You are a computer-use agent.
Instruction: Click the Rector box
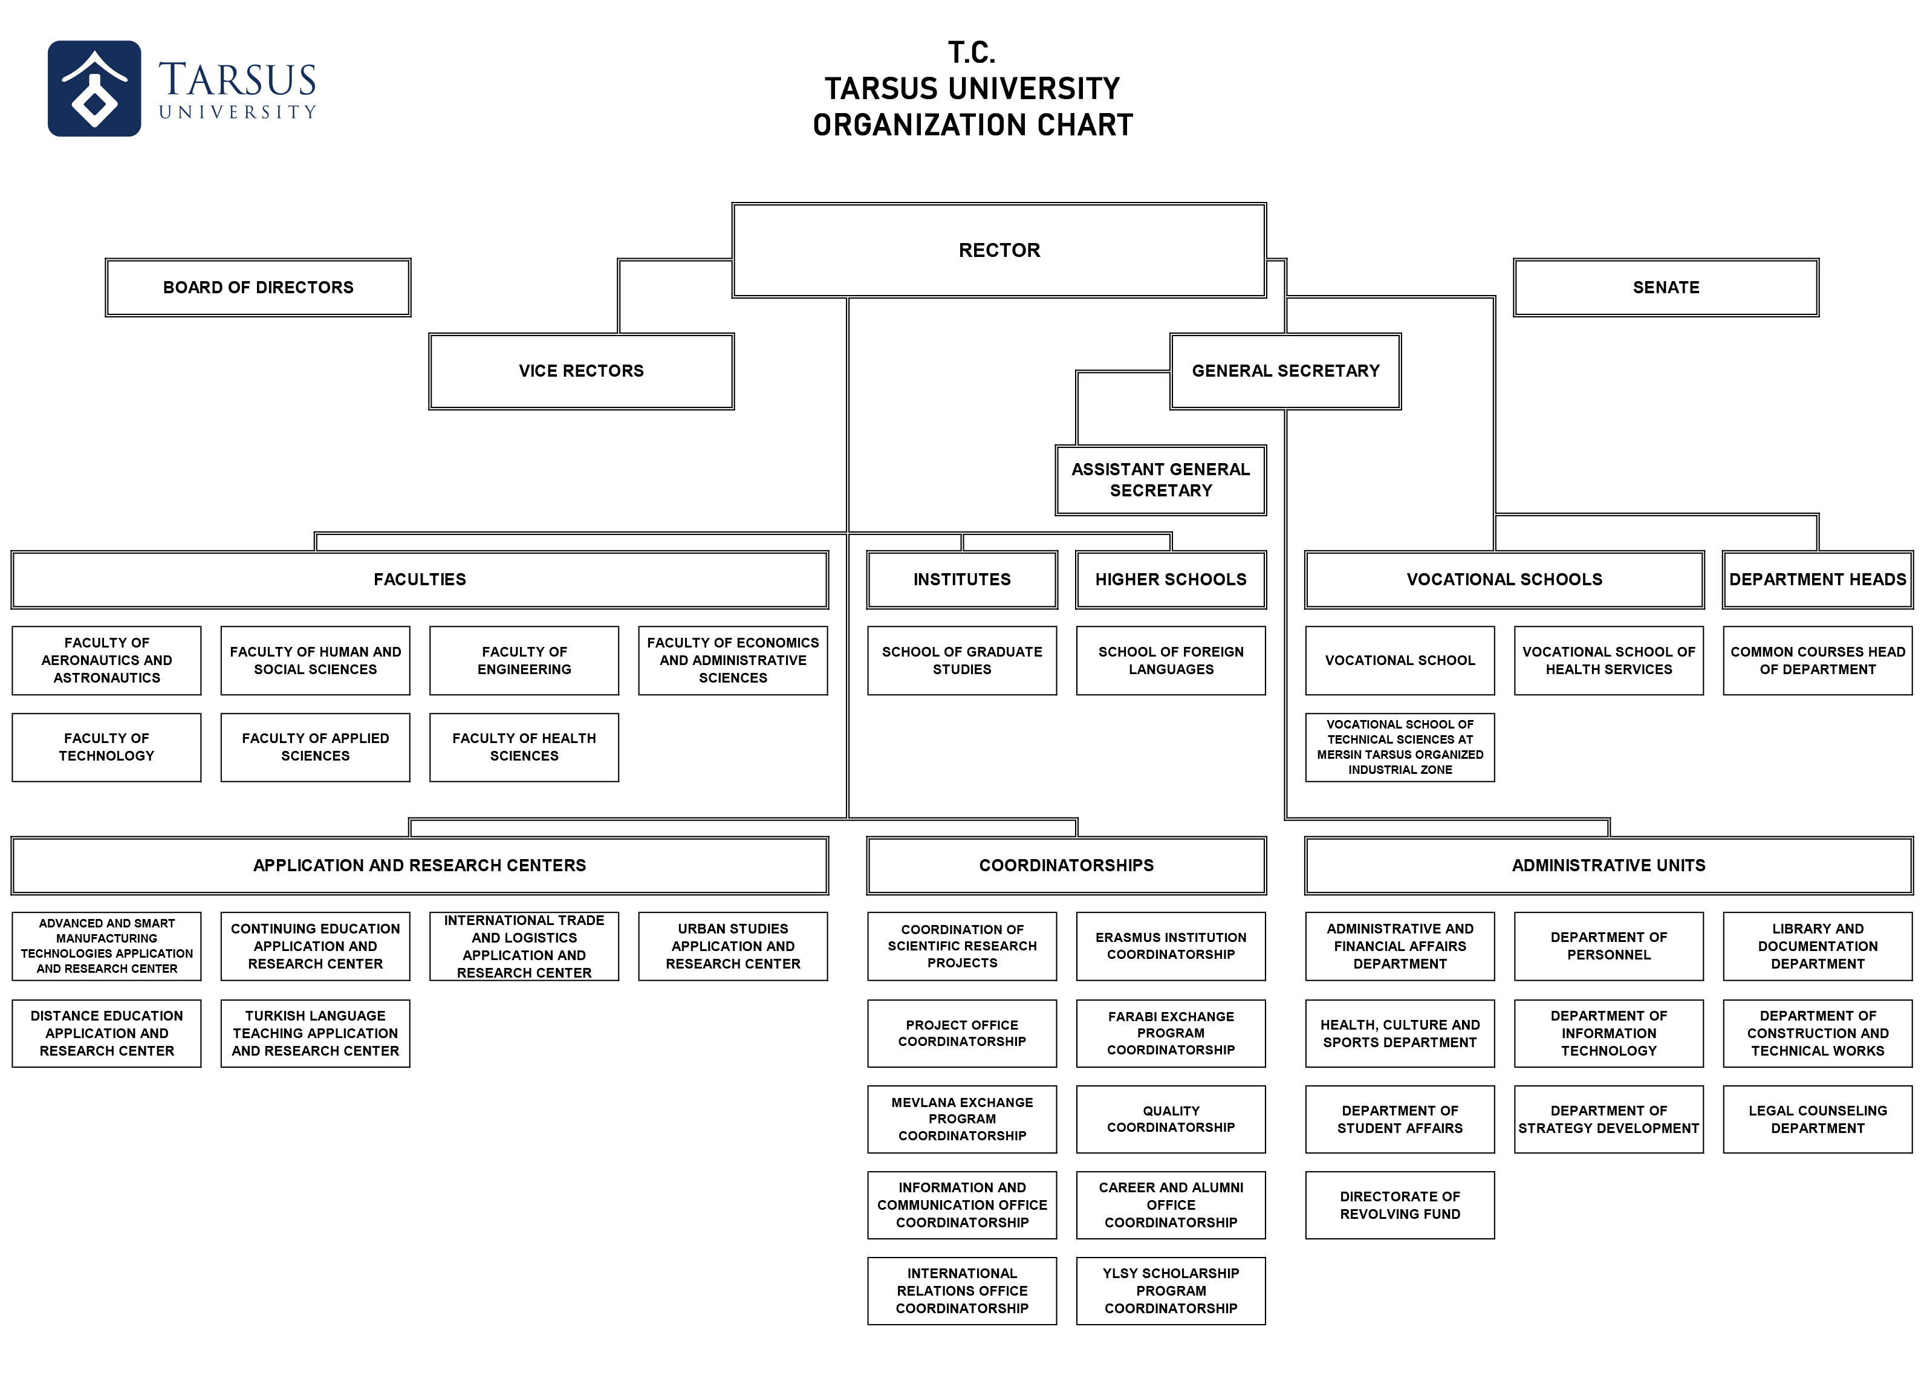pyautogui.click(x=999, y=250)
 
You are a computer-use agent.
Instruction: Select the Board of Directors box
pyautogui.click(x=258, y=287)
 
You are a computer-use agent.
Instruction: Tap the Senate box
pyautogui.click(x=1666, y=287)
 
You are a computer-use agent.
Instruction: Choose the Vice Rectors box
pyautogui.click(x=581, y=371)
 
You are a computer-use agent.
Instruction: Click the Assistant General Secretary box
pyautogui.click(x=1161, y=480)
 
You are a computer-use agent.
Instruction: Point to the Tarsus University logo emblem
pyautogui.click(x=94, y=88)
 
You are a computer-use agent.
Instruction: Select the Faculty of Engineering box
pyautogui.click(x=524, y=660)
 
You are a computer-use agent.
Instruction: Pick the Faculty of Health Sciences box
pyautogui.click(x=524, y=747)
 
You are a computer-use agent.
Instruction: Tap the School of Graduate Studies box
pyautogui.click(x=962, y=660)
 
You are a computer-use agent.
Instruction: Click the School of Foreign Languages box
pyautogui.click(x=1171, y=660)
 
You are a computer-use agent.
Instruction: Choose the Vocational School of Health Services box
pyautogui.click(x=1608, y=660)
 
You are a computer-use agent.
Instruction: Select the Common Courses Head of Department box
pyautogui.click(x=1818, y=660)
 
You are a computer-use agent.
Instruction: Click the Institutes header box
pyautogui.click(x=962, y=579)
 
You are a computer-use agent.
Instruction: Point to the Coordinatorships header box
pyautogui.click(x=1067, y=865)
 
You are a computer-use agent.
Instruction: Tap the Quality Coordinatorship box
pyautogui.click(x=1171, y=1119)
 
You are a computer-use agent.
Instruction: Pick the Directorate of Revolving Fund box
pyautogui.click(x=1400, y=1205)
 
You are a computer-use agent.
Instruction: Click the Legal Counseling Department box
pyautogui.click(x=1818, y=1119)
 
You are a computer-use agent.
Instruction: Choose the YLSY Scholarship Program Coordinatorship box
pyautogui.click(x=1171, y=1291)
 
